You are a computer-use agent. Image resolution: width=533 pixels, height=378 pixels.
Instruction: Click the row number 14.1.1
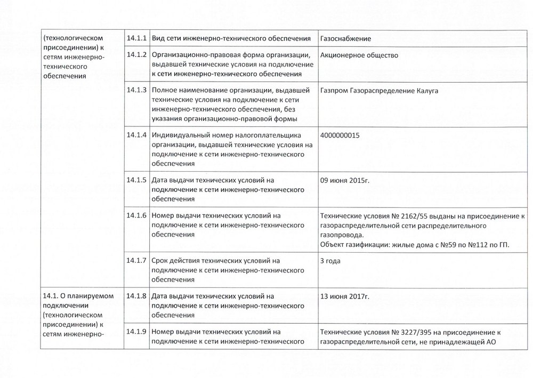point(136,38)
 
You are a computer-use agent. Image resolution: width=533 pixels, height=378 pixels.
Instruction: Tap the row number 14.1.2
point(136,54)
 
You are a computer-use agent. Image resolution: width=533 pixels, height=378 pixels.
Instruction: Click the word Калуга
point(426,91)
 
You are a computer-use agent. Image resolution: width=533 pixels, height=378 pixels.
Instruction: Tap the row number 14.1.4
point(136,134)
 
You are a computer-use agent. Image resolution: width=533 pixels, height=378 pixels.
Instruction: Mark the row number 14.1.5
point(136,180)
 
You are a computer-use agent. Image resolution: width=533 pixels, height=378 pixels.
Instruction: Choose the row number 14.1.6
point(136,215)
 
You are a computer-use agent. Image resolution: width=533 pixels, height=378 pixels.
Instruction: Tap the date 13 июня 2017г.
point(345,296)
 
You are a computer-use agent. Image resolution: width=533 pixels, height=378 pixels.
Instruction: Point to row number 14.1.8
point(136,295)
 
